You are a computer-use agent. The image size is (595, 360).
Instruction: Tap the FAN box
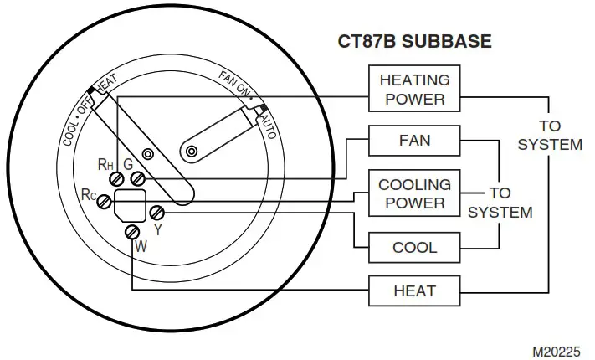coord(414,140)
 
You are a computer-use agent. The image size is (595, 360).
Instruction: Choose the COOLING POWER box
coord(414,193)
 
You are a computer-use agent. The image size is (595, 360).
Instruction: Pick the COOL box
coord(414,248)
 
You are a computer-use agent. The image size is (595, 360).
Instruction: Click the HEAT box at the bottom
coord(414,291)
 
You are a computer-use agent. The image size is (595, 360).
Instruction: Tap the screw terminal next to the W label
coord(131,232)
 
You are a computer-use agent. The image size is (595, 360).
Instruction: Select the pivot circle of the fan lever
coord(192,151)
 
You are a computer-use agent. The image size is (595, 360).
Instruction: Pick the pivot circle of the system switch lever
coord(148,155)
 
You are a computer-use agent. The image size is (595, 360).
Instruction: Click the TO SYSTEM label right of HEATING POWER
coord(549,134)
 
